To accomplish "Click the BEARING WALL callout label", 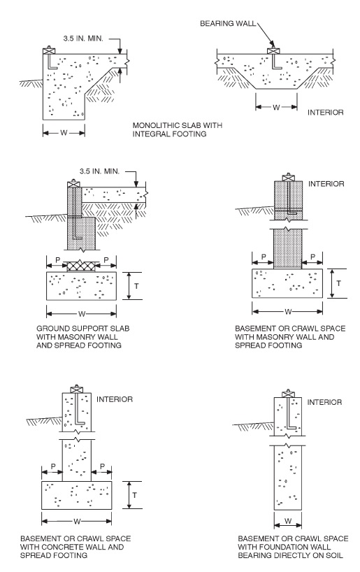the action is tap(228, 24).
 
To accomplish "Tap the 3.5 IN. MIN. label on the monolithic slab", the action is tap(83, 38).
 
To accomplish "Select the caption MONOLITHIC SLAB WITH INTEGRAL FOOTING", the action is tap(178, 129).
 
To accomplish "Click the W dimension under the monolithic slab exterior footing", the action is tap(64, 133).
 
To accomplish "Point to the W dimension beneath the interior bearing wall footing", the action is tap(276, 107).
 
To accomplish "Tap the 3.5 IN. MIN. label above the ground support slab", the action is tap(99, 171).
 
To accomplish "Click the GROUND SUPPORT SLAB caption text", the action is tap(82, 329).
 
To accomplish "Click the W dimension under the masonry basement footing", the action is tap(288, 312).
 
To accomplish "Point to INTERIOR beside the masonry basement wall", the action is tap(326, 184).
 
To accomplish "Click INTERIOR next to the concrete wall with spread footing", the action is tap(115, 399).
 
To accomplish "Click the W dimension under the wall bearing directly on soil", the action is tap(288, 521).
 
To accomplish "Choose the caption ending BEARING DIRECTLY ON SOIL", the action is tap(293, 547).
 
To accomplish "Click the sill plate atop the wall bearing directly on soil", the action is tap(288, 394).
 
